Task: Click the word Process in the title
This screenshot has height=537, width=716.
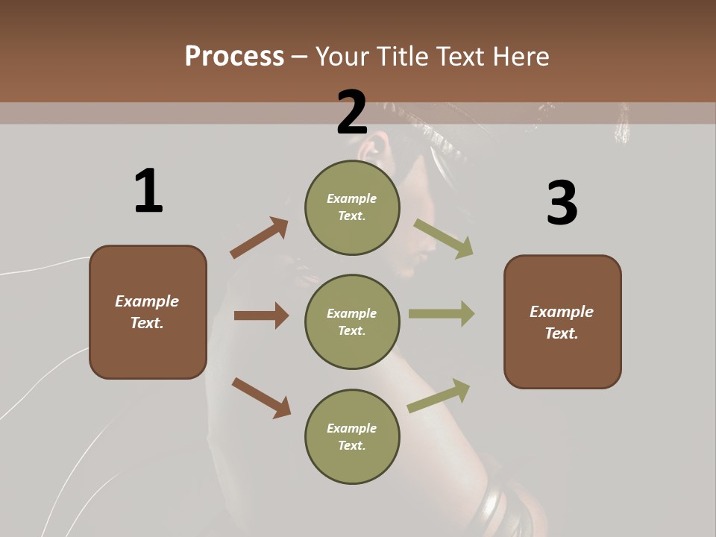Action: (x=234, y=57)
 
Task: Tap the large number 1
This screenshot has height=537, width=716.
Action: (x=148, y=191)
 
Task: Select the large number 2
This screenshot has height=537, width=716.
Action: (x=352, y=113)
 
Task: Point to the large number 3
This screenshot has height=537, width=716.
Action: (x=562, y=204)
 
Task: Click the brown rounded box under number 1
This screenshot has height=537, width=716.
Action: (x=148, y=312)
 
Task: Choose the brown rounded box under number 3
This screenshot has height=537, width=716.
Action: (x=562, y=321)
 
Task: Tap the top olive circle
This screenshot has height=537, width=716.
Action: (x=352, y=207)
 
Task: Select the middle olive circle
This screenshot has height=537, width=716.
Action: (x=352, y=321)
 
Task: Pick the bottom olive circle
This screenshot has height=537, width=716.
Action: (x=352, y=436)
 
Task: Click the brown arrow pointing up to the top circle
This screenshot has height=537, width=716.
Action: (x=259, y=238)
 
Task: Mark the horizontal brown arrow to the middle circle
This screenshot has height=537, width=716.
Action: (x=261, y=315)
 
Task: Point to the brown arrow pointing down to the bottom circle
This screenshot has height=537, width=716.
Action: (x=261, y=398)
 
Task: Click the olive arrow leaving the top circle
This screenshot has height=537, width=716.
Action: (x=443, y=238)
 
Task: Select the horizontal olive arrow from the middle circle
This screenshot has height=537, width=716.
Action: (x=441, y=313)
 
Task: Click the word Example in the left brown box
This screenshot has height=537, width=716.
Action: (x=147, y=301)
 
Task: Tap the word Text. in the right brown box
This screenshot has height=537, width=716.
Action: (x=562, y=333)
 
